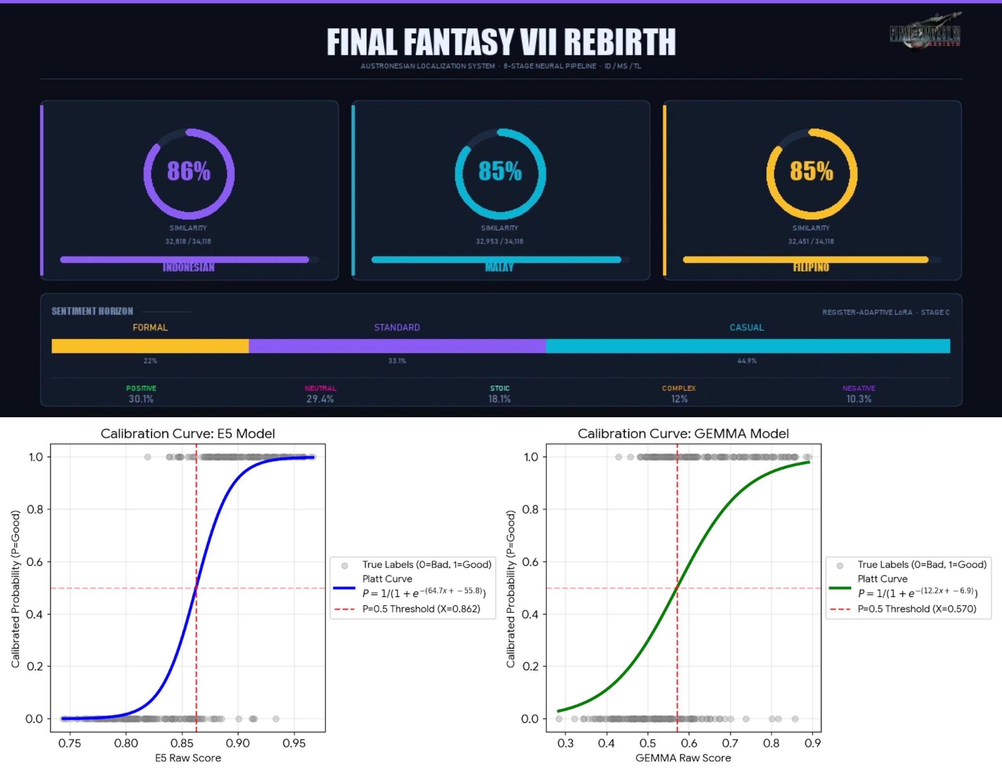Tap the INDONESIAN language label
pos(189,267)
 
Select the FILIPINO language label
pos(811,267)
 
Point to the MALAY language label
pos(499,267)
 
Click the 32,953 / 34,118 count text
pos(499,242)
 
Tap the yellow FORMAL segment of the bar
pos(150,346)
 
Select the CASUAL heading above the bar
pos(746,328)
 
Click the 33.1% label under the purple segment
pos(397,360)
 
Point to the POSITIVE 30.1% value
pos(141,399)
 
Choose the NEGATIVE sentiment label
pos(858,388)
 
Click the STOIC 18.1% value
pos(499,399)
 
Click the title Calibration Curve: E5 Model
pos(187,434)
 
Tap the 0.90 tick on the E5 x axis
pos(238,743)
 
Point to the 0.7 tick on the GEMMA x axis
pos(730,743)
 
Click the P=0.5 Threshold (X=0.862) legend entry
pos(421,609)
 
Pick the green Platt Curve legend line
pos(840,588)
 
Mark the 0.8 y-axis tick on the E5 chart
pos(35,509)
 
